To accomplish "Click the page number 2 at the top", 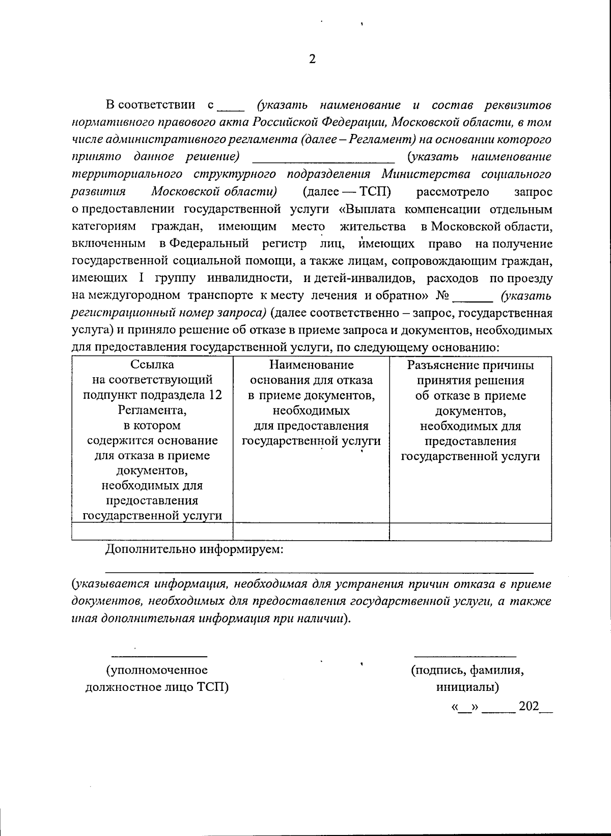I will pyautogui.click(x=312, y=59).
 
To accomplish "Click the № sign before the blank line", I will pyautogui.click(x=442, y=296).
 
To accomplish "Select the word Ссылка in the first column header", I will pyautogui.click(x=152, y=365).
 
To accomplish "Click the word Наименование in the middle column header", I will pyautogui.click(x=311, y=365).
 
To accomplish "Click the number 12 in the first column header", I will pyautogui.click(x=215, y=395).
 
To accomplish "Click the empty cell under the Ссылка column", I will pyautogui.click(x=152, y=532).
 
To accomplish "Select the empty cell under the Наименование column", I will pyautogui.click(x=311, y=532).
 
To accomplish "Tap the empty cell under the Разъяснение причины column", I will pyautogui.click(x=470, y=532).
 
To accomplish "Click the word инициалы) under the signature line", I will pyautogui.click(x=467, y=687).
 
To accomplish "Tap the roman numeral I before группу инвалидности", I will pyautogui.click(x=141, y=278).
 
